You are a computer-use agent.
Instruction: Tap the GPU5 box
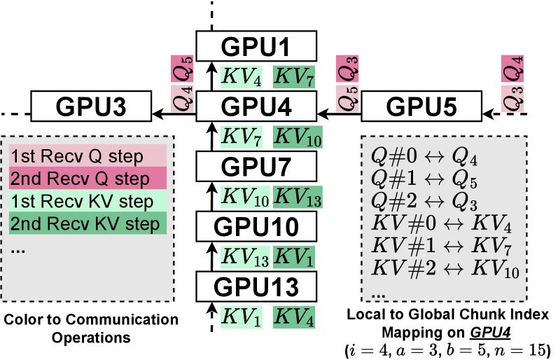[422, 108]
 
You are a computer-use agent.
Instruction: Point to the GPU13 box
[256, 287]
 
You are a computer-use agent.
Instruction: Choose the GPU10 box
[256, 227]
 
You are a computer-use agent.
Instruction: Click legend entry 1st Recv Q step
[87, 155]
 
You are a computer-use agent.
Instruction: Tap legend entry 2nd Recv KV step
[87, 224]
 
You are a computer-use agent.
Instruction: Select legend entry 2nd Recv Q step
[87, 178]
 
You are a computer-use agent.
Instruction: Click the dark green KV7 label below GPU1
[293, 76]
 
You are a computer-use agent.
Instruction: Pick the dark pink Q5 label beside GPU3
[181, 71]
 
